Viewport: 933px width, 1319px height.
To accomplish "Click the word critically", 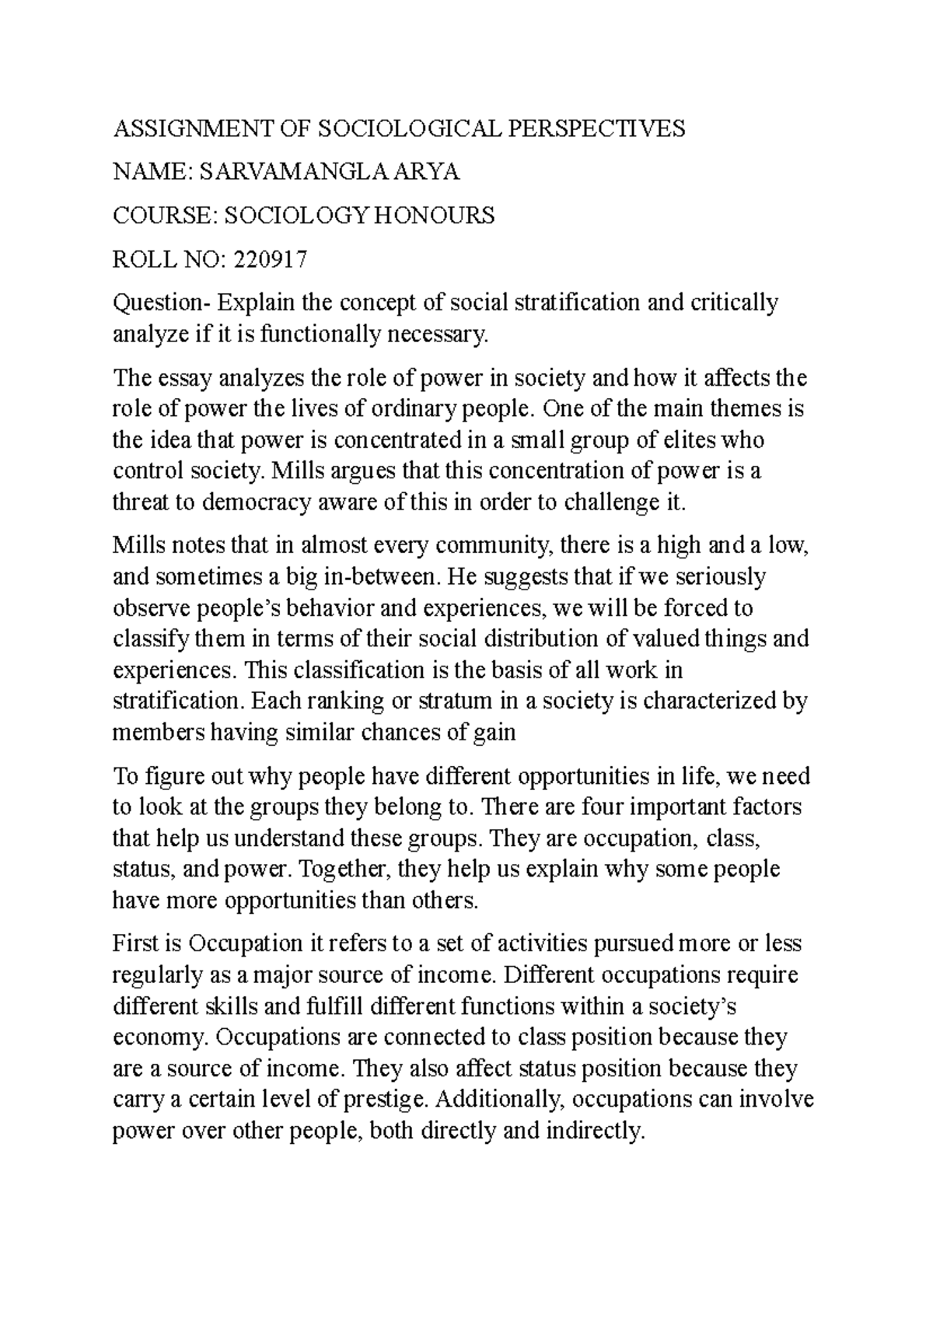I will (x=734, y=303).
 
